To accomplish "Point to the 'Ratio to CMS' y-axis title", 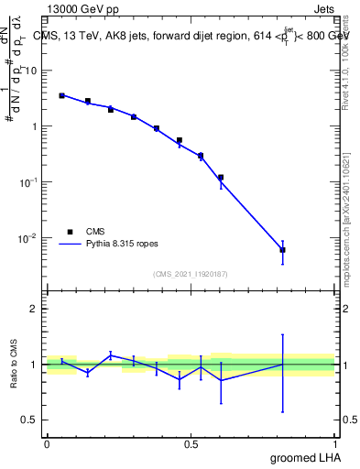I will [x=15, y=364].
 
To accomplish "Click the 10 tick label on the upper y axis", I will [x=30, y=71].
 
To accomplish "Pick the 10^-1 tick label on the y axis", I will [x=28, y=182].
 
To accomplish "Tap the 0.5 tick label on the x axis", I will [x=191, y=443].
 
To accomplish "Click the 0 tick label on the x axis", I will [x=47, y=443].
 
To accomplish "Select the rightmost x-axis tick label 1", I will [x=335, y=443].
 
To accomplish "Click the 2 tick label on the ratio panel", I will [x=33, y=309].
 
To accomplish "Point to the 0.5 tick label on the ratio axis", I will [x=29, y=420].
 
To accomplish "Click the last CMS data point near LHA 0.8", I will [x=283, y=249].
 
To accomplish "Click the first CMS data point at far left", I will [x=61, y=95].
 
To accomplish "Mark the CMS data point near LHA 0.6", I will [x=221, y=177].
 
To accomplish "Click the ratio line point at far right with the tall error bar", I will [x=283, y=364].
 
